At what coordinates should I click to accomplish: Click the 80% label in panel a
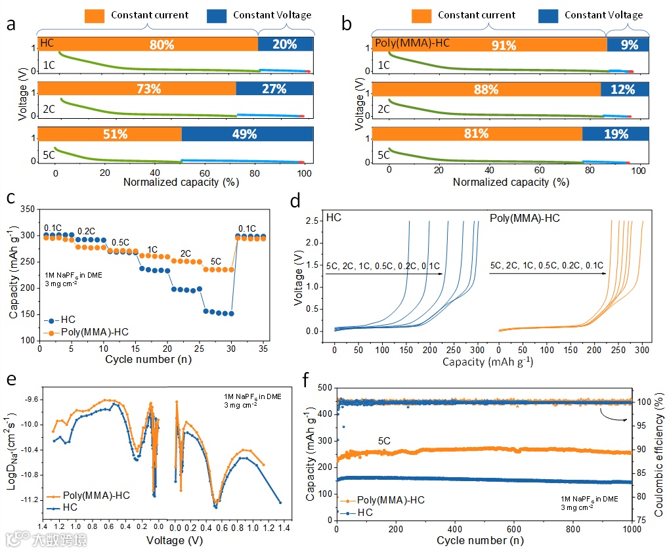click(x=161, y=45)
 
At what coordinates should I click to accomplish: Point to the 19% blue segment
click(x=616, y=134)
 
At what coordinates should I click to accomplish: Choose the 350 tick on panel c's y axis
click(x=27, y=209)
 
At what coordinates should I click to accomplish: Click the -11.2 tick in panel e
click(x=29, y=500)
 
